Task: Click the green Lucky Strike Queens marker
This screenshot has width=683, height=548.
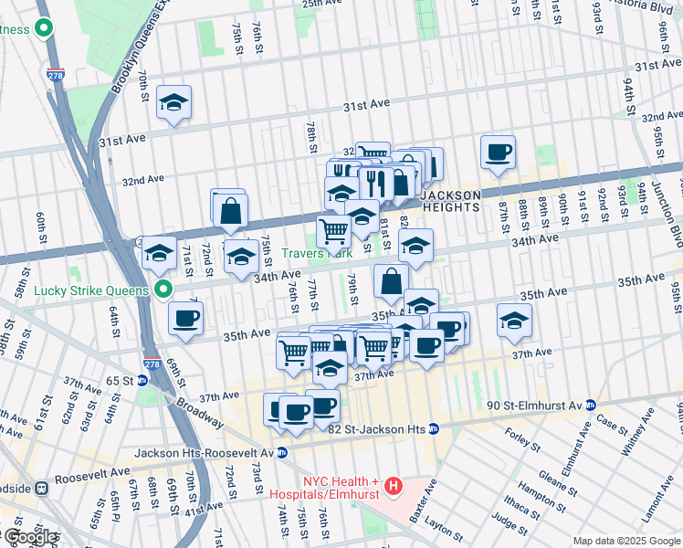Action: tap(164, 290)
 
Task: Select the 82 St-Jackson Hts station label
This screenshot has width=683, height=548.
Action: tap(373, 428)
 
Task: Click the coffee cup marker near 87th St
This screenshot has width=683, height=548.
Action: tap(498, 152)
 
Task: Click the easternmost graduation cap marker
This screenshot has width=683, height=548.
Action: tap(515, 320)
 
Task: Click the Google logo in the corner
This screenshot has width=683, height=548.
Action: tap(29, 537)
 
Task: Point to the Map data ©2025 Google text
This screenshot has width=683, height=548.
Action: tap(626, 541)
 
